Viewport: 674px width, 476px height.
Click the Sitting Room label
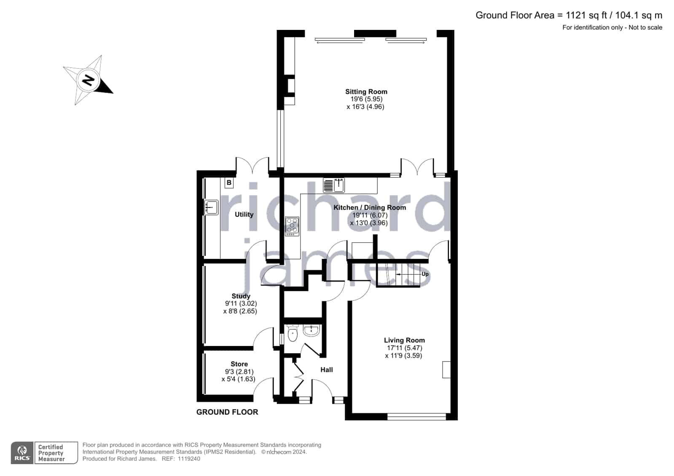pyautogui.click(x=366, y=92)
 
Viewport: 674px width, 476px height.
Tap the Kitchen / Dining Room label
pyautogui.click(x=370, y=207)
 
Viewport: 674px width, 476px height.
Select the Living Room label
pyautogui.click(x=404, y=340)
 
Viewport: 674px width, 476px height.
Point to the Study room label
pyautogui.click(x=241, y=296)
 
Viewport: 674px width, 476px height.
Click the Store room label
pyautogui.click(x=239, y=364)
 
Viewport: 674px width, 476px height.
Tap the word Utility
pyautogui.click(x=244, y=214)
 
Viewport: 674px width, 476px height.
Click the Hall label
pyautogui.click(x=327, y=370)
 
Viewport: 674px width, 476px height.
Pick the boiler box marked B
pyautogui.click(x=229, y=183)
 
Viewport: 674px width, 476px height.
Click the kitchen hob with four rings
pyautogui.click(x=292, y=226)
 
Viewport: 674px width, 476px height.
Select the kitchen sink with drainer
pyautogui.click(x=334, y=185)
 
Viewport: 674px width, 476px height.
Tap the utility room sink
pyautogui.click(x=211, y=207)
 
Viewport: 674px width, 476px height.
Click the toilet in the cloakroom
pyautogui.click(x=292, y=334)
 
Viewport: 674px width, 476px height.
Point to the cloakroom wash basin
pyautogui.click(x=311, y=330)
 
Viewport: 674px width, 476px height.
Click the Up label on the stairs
pyautogui.click(x=425, y=274)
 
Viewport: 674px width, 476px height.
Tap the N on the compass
pyautogui.click(x=88, y=80)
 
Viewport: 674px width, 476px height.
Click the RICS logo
pyautogui.click(x=22, y=452)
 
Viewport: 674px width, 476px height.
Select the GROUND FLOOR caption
pyautogui.click(x=227, y=412)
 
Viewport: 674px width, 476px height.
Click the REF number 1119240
pyautogui.click(x=189, y=459)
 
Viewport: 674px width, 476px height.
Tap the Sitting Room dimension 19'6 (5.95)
pyautogui.click(x=366, y=99)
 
